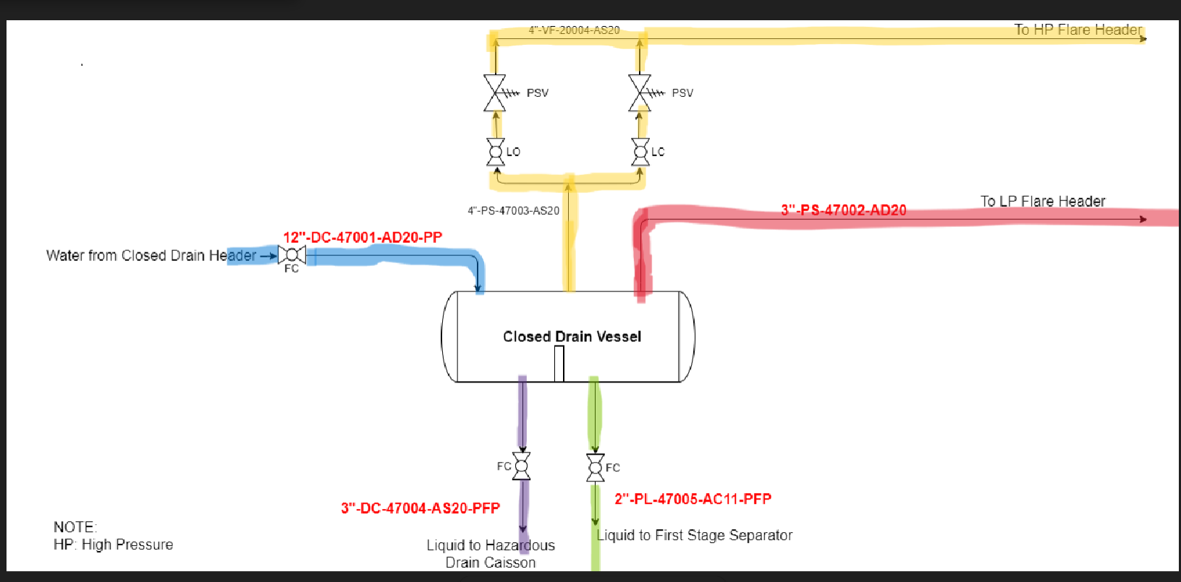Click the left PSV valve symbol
tap(495, 93)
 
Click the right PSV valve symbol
tap(640, 93)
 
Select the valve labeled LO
tap(496, 152)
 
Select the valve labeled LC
tap(640, 152)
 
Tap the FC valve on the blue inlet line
tap(292, 255)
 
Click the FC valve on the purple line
tap(522, 466)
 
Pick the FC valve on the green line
tap(595, 467)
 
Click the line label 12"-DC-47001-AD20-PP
tap(363, 237)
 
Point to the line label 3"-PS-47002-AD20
tap(843, 210)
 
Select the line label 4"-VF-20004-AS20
tap(574, 30)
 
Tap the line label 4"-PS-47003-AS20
tap(513, 210)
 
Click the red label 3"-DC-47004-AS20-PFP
tap(420, 508)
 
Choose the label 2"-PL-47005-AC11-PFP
tap(693, 499)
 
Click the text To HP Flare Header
tap(1078, 30)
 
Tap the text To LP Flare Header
tap(1043, 201)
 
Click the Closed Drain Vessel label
tap(572, 336)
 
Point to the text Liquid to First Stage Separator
tap(695, 535)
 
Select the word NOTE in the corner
tap(75, 526)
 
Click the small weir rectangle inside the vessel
tap(559, 364)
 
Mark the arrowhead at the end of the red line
tap(1143, 218)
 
